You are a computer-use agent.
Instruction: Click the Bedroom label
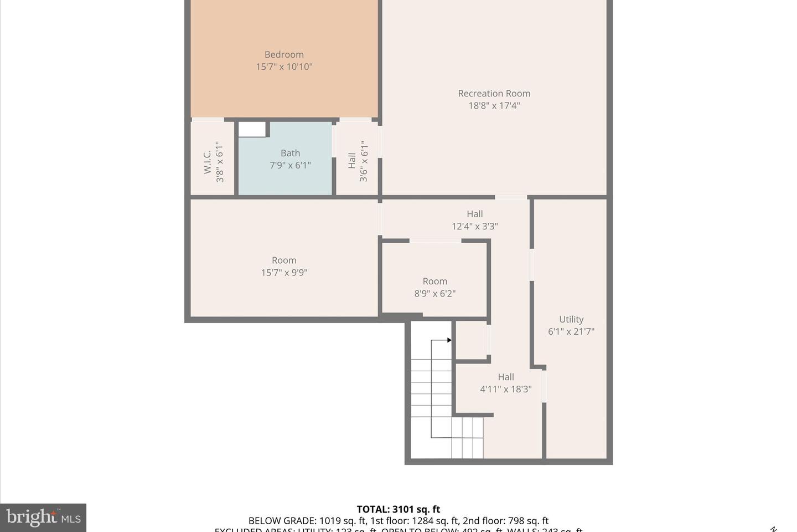point(284,54)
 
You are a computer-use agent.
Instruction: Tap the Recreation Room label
point(494,94)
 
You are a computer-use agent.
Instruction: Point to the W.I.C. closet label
point(208,161)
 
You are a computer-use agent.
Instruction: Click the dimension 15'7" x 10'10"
point(284,67)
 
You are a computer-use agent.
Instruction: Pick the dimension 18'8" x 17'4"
point(494,106)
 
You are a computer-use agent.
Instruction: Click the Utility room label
point(571,319)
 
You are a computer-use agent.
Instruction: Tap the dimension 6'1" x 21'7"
point(571,331)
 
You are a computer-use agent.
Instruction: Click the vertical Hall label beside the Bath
point(352,161)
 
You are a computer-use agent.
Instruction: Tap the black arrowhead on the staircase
point(449,340)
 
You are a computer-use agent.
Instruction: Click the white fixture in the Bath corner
point(252,129)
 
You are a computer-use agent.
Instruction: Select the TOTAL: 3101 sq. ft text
point(398,509)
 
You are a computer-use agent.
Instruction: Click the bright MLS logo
point(43,518)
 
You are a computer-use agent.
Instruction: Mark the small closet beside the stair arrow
point(470,340)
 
